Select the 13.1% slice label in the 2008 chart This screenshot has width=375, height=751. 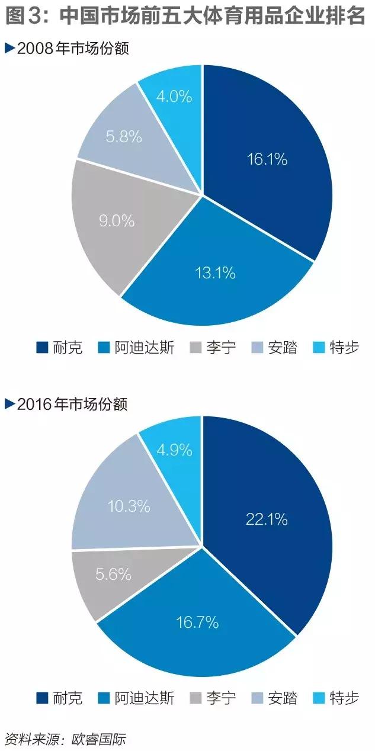pyautogui.click(x=215, y=272)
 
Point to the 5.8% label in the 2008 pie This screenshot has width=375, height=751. pyautogui.click(x=124, y=137)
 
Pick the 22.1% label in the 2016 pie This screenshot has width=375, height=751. pyautogui.click(x=266, y=519)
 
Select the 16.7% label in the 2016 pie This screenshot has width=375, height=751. pyautogui.click(x=197, y=622)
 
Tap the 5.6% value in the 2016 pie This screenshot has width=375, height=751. pyautogui.click(x=113, y=575)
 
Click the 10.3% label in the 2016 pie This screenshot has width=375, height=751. pyautogui.click(x=129, y=506)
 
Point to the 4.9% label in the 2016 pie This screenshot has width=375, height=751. pyautogui.click(x=174, y=450)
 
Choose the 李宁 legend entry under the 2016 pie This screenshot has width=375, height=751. pyautogui.click(x=213, y=698)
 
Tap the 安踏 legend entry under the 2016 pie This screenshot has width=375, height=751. pyautogui.click(x=275, y=698)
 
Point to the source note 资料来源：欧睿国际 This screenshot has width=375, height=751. pyautogui.click(x=65, y=739)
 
